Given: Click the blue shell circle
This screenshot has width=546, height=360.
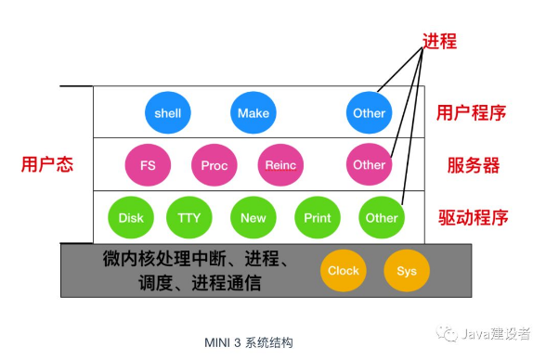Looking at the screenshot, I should point(168,113).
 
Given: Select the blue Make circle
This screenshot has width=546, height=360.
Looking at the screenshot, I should point(253,113).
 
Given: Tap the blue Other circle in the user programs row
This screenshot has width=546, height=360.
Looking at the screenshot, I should point(369,113).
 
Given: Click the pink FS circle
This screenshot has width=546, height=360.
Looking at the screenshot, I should point(148,165).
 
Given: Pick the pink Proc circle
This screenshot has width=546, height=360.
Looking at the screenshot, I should point(214,165).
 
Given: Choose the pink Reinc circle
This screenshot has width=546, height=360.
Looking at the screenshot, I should point(279,165).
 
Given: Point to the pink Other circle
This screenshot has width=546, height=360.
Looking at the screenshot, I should point(369,165).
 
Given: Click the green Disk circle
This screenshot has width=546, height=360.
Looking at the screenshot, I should point(131,218).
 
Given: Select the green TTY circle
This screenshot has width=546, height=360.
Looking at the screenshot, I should point(189,218).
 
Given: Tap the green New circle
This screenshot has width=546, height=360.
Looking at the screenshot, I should point(253,218).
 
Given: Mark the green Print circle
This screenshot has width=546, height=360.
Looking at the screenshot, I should point(318,218).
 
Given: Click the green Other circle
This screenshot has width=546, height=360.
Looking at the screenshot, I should point(382,218).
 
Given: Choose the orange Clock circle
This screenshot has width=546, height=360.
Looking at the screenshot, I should point(344,271).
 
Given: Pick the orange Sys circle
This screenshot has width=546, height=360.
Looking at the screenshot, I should point(407,271).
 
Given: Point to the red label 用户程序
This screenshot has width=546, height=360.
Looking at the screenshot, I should point(471,113).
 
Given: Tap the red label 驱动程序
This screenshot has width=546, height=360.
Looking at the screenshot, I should point(474,219).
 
